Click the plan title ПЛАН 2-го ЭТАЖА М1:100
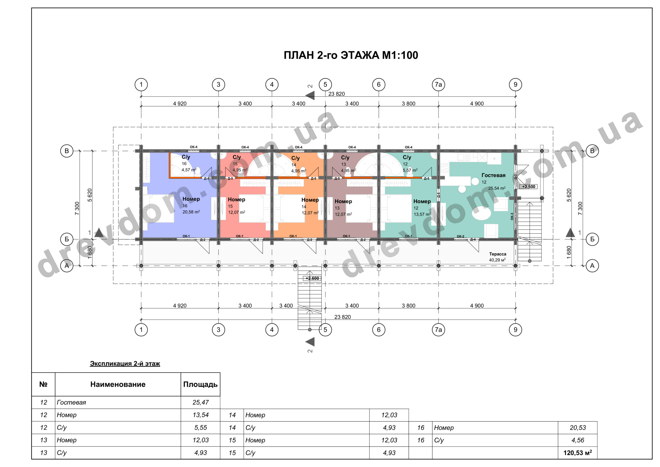tap(351, 55)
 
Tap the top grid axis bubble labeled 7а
tap(438, 85)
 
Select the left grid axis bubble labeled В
tap(67, 151)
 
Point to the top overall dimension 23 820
tap(337, 94)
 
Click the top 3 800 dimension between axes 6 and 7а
tap(408, 103)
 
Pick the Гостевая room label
tap(493, 175)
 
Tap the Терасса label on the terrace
tap(498, 254)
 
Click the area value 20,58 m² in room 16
tap(191, 212)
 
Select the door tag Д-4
tap(473, 239)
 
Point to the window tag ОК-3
tap(512, 216)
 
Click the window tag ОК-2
tap(460, 236)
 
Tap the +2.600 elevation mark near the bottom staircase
tap(312, 278)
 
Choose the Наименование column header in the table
tap(118, 384)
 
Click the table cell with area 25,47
tap(201, 402)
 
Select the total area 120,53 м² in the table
tap(577, 453)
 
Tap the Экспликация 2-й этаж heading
tap(125, 364)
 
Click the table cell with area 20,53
tap(578, 428)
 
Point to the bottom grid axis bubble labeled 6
tap(378, 329)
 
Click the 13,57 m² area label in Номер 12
tap(422, 214)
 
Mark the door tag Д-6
tap(439, 195)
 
